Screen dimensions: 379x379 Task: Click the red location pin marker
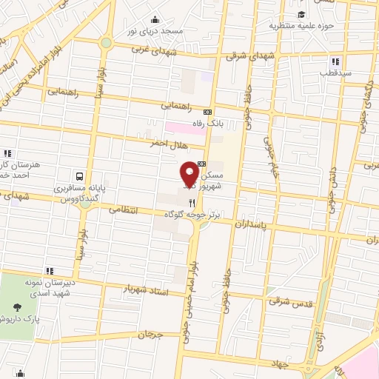click(x=189, y=174)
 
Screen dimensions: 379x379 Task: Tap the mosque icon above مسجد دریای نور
click(x=155, y=20)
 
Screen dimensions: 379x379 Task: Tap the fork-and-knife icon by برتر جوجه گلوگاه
click(x=192, y=202)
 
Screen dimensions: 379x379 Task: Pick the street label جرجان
click(x=148, y=335)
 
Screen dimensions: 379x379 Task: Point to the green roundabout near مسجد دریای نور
click(x=107, y=42)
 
